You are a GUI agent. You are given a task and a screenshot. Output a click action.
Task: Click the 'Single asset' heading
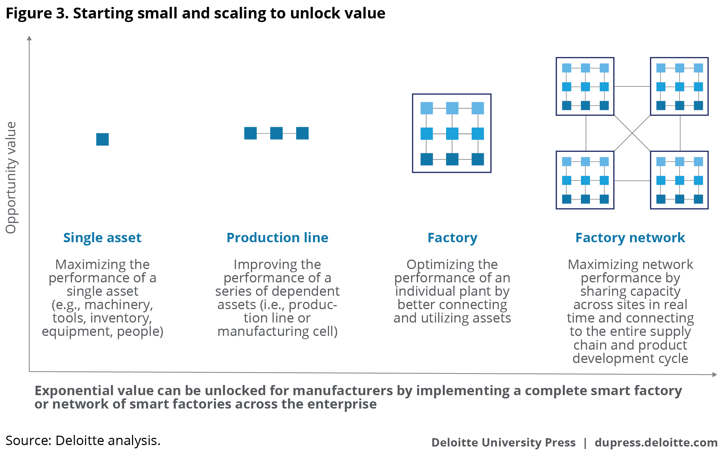[x=102, y=238]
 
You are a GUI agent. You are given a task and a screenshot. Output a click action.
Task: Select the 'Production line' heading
[x=277, y=238]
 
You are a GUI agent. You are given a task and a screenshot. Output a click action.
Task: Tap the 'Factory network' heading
[x=630, y=238]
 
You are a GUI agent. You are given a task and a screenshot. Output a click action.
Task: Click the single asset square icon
[x=102, y=139]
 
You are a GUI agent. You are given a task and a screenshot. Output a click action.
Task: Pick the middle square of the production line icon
[x=276, y=133]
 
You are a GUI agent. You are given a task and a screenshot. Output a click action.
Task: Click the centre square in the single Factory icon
[x=452, y=133]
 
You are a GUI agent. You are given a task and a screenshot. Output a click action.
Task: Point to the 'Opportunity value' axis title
[x=11, y=177]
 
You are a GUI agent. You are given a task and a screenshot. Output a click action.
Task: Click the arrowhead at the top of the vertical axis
[x=29, y=38]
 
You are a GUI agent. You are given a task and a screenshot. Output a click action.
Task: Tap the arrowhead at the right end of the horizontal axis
[x=714, y=375]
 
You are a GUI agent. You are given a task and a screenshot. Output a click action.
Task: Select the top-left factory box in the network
[x=585, y=86]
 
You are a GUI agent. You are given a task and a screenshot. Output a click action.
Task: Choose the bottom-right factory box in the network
[x=679, y=180]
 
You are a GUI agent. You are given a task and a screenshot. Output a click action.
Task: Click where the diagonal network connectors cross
[x=632, y=133]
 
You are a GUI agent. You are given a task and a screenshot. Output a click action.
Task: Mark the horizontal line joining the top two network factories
[x=632, y=86]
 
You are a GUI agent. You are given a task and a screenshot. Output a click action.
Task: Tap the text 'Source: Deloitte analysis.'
[x=83, y=440]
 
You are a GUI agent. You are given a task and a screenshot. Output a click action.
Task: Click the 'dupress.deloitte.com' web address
[x=656, y=443]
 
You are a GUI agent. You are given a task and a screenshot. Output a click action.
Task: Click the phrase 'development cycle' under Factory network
[x=630, y=358]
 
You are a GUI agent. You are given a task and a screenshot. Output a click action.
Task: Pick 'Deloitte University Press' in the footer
[x=503, y=443]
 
